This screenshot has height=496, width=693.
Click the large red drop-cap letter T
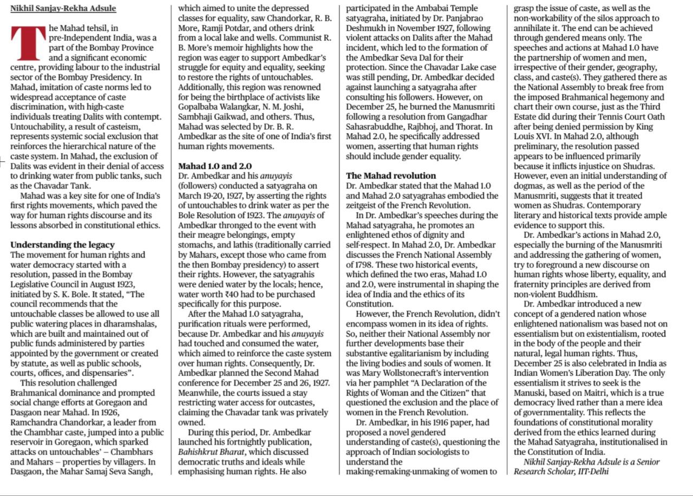point(28,44)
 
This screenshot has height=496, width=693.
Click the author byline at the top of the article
point(63,9)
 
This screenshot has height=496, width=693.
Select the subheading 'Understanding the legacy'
point(62,244)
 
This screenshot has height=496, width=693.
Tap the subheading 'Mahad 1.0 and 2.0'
point(214,166)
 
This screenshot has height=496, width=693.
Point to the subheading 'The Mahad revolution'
point(390,176)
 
